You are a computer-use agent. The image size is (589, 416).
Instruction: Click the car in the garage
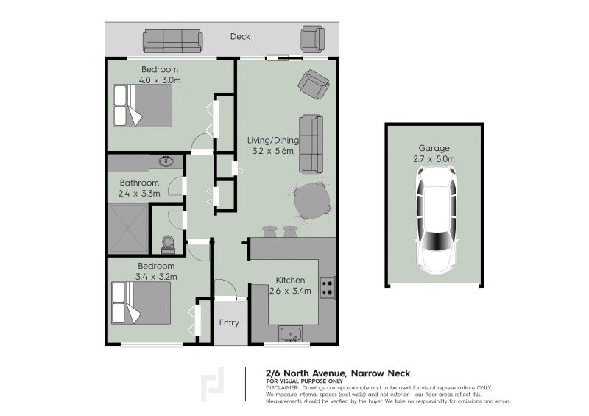435,219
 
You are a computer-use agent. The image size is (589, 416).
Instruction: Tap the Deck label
240,36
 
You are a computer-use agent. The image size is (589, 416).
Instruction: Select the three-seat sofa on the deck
172,40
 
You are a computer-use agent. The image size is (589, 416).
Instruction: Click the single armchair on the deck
311,38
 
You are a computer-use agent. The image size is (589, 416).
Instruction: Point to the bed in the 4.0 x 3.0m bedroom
143,105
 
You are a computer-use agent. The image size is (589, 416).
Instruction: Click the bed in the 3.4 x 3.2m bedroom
141,303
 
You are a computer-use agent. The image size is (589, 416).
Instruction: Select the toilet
167,244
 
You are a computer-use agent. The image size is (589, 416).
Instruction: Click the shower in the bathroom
128,228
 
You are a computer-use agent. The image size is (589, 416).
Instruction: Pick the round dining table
313,200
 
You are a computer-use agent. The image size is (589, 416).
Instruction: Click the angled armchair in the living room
314,84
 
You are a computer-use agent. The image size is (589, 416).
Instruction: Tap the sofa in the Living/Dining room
311,144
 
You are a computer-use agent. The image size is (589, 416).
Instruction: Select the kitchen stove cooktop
328,288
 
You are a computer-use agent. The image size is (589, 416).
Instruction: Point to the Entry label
229,322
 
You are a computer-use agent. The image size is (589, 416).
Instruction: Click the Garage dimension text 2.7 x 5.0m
434,158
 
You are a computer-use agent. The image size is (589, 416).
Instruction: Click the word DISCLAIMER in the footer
282,387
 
